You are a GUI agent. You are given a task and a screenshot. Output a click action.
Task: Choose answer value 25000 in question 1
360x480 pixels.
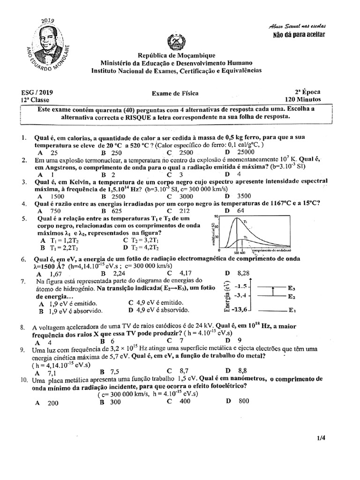coord(246,152)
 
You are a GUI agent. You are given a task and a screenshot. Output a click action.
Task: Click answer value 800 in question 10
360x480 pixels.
coord(244,401)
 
